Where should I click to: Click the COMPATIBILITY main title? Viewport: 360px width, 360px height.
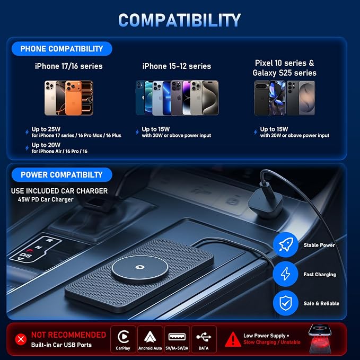[179, 20]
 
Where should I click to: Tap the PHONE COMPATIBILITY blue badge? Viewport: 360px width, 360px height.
[62, 49]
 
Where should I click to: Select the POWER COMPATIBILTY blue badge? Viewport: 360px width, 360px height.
[62, 175]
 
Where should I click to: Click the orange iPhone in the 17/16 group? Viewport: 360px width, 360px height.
[73, 98]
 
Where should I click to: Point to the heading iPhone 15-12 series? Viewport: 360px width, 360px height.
[177, 66]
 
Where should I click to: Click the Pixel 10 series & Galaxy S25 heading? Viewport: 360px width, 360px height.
[285, 68]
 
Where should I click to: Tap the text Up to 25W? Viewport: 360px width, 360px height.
[46, 129]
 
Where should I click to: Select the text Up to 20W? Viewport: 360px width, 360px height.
[46, 145]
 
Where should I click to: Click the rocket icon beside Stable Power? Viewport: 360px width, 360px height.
[286, 245]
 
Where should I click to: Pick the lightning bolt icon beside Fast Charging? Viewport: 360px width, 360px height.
[286, 274]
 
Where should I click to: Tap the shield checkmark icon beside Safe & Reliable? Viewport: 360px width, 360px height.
[286, 303]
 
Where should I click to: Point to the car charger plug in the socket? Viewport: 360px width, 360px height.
[265, 204]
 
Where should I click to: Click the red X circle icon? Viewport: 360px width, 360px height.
[21, 339]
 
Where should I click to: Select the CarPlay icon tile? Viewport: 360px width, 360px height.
[123, 339]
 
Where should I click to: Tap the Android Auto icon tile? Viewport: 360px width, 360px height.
[150, 339]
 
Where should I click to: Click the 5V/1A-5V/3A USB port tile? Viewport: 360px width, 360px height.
[177, 339]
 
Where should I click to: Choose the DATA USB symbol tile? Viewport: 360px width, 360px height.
[204, 339]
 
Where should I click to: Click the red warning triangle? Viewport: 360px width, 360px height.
[233, 339]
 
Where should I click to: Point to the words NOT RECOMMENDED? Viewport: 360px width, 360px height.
[68, 335]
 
